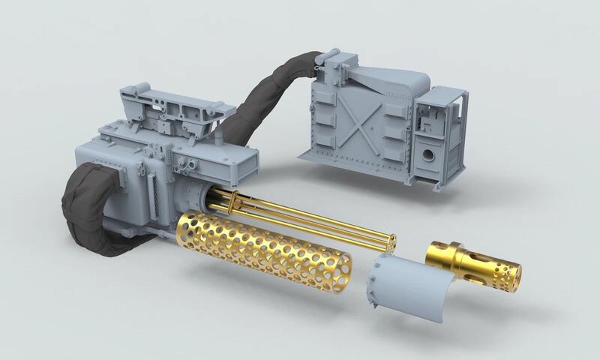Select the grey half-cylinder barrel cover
(x=401, y=281)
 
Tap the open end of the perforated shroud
(x=337, y=269)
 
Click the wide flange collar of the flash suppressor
(x=444, y=253)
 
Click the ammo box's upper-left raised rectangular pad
(x=321, y=95)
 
